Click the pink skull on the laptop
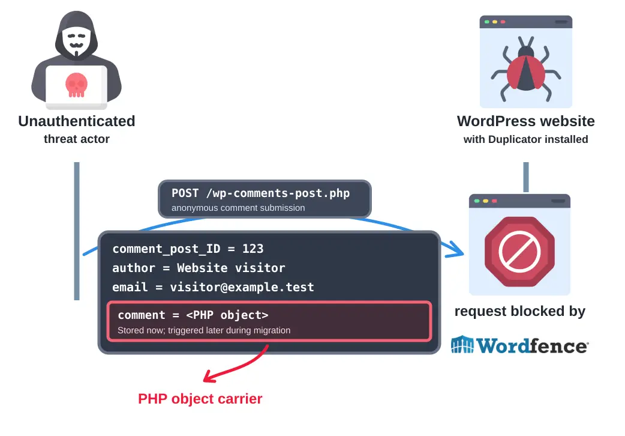(x=76, y=85)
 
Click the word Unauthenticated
(x=77, y=121)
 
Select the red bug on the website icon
(x=526, y=70)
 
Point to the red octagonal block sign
(x=519, y=252)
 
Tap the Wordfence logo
(x=519, y=345)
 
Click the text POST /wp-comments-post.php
(x=261, y=193)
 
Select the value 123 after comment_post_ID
(x=253, y=249)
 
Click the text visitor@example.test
(x=242, y=287)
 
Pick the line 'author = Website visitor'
(x=199, y=268)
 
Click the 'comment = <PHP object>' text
(x=193, y=315)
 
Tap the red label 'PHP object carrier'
(x=200, y=399)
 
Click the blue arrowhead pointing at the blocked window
(x=456, y=250)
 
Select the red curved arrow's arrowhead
(x=209, y=377)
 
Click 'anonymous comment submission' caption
(x=238, y=208)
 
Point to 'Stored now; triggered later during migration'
(x=204, y=330)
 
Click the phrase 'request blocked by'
(x=520, y=311)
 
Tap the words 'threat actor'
(x=77, y=139)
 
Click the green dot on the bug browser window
(x=486, y=22)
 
